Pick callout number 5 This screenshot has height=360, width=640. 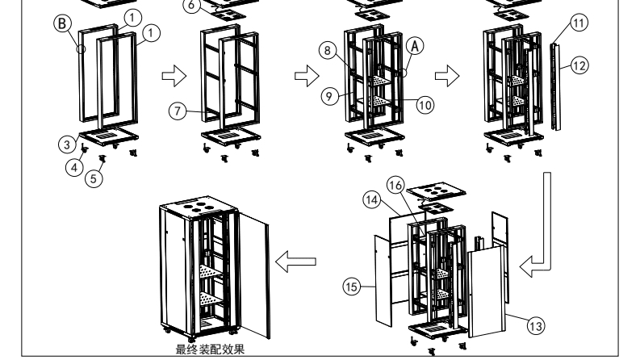pyautogui.click(x=95, y=179)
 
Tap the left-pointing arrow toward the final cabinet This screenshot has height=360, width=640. pyautogui.click(x=295, y=261)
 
